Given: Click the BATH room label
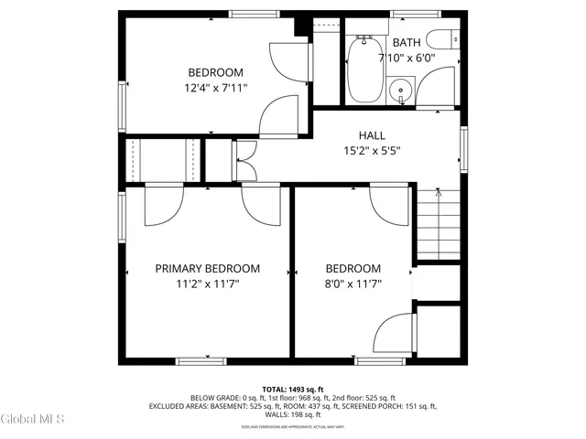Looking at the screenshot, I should click(407, 42).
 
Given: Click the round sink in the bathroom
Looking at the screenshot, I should click(400, 90).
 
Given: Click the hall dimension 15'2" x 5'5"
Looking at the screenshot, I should click(371, 151).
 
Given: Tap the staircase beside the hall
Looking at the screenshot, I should click(438, 224).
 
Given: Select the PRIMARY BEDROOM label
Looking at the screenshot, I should click(207, 269).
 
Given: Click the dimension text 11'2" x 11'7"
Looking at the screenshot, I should click(207, 284).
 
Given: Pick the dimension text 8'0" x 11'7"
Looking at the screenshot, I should click(353, 284).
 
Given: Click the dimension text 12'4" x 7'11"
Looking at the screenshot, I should click(215, 88).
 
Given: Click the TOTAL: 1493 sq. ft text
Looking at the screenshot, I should click(293, 389).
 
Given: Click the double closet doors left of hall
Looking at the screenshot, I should click(244, 161).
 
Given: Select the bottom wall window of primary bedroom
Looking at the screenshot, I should click(202, 360).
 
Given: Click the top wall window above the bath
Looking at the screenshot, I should click(409, 13).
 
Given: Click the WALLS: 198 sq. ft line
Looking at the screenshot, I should click(293, 414).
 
